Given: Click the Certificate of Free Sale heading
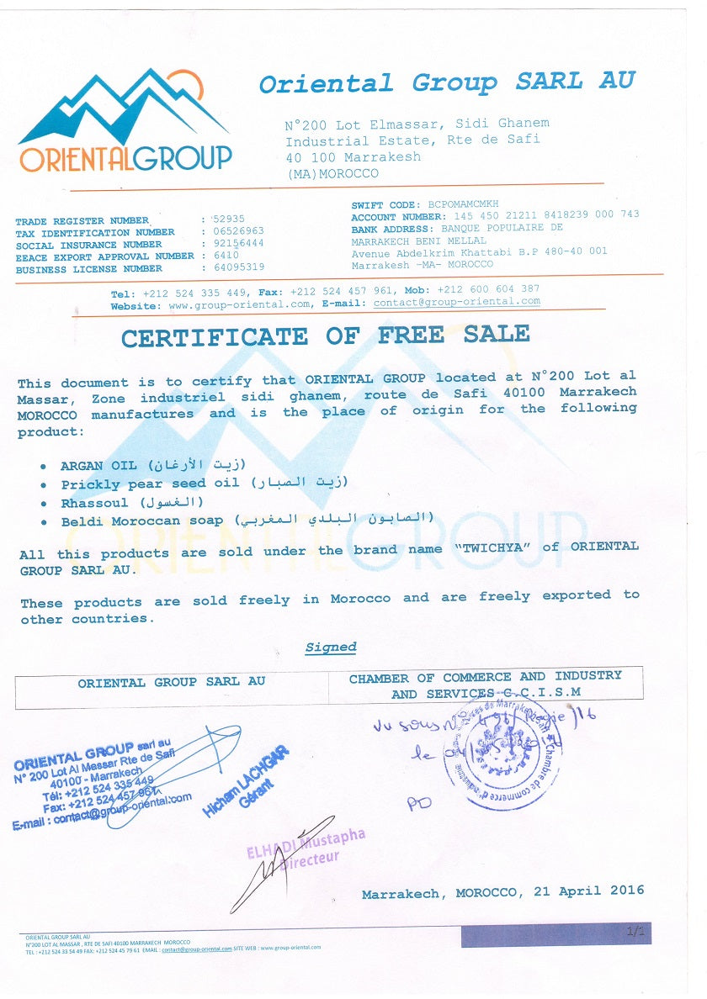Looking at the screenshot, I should (x=325, y=336).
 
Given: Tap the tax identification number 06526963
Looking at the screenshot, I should (x=237, y=230).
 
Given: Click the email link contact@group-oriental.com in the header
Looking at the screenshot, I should (x=456, y=302).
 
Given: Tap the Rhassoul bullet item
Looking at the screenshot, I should (x=94, y=503).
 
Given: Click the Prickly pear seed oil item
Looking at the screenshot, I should (x=150, y=484).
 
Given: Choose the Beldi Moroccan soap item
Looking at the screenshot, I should (x=141, y=521).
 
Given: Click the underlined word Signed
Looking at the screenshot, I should (x=331, y=647).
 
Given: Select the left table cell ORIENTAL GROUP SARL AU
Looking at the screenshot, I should (x=171, y=683).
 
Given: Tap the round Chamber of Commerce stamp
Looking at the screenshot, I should (x=502, y=753).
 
